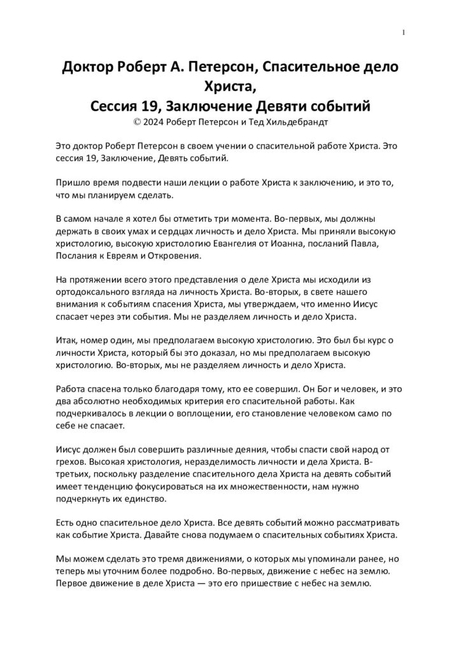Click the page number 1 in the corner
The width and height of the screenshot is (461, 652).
pyautogui.click(x=404, y=32)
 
